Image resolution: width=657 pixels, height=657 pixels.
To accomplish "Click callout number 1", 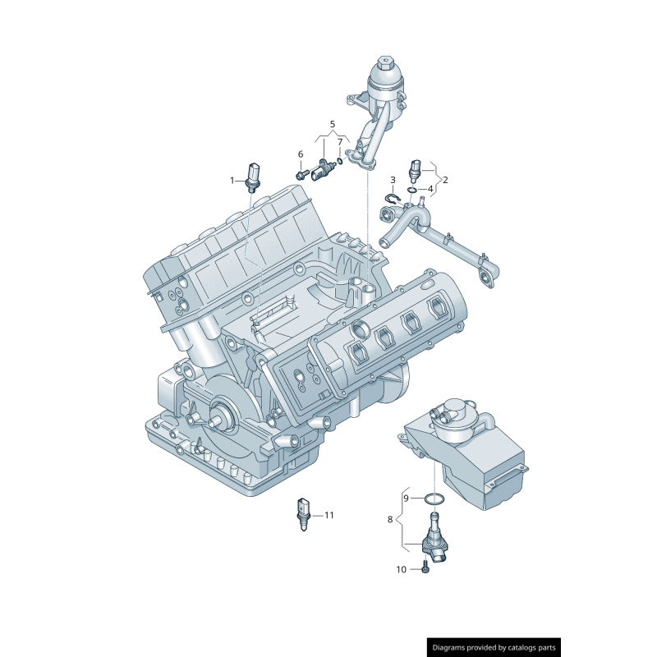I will click(232, 179).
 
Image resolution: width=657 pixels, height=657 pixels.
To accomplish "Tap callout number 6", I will click(301, 154).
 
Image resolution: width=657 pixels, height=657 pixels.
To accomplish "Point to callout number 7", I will click(340, 142).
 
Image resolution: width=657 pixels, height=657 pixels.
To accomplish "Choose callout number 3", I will click(393, 179).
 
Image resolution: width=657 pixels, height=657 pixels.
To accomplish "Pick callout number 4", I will click(430, 189).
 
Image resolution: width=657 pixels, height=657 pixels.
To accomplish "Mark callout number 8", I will click(390, 519).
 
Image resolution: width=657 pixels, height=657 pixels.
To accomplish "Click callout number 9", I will click(405, 498).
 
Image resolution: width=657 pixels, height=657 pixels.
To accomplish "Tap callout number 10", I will click(402, 569).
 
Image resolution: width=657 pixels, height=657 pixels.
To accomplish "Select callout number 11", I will click(329, 515).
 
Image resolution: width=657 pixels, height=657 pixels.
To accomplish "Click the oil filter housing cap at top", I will click(384, 73).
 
